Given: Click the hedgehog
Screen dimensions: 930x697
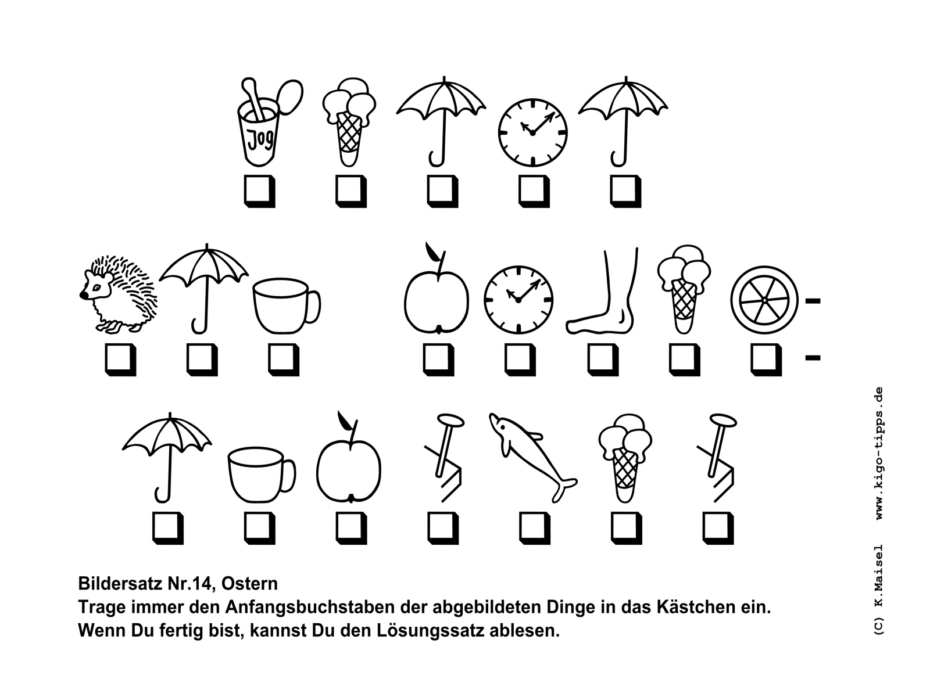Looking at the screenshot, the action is click(118, 293).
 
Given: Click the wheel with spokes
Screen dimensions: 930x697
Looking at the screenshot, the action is click(764, 300).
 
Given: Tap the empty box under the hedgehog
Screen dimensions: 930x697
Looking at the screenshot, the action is click(120, 359).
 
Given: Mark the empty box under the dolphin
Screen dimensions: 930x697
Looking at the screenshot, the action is click(535, 528).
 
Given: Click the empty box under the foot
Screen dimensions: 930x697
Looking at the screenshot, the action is click(603, 359).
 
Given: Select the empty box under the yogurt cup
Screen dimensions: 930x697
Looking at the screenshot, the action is click(259, 191).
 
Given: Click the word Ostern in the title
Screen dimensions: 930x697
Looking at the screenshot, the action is click(249, 584).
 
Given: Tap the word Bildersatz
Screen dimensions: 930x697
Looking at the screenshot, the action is click(120, 584).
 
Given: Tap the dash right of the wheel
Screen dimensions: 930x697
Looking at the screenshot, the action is click(813, 301).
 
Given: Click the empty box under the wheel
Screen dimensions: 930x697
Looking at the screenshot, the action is click(766, 359).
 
